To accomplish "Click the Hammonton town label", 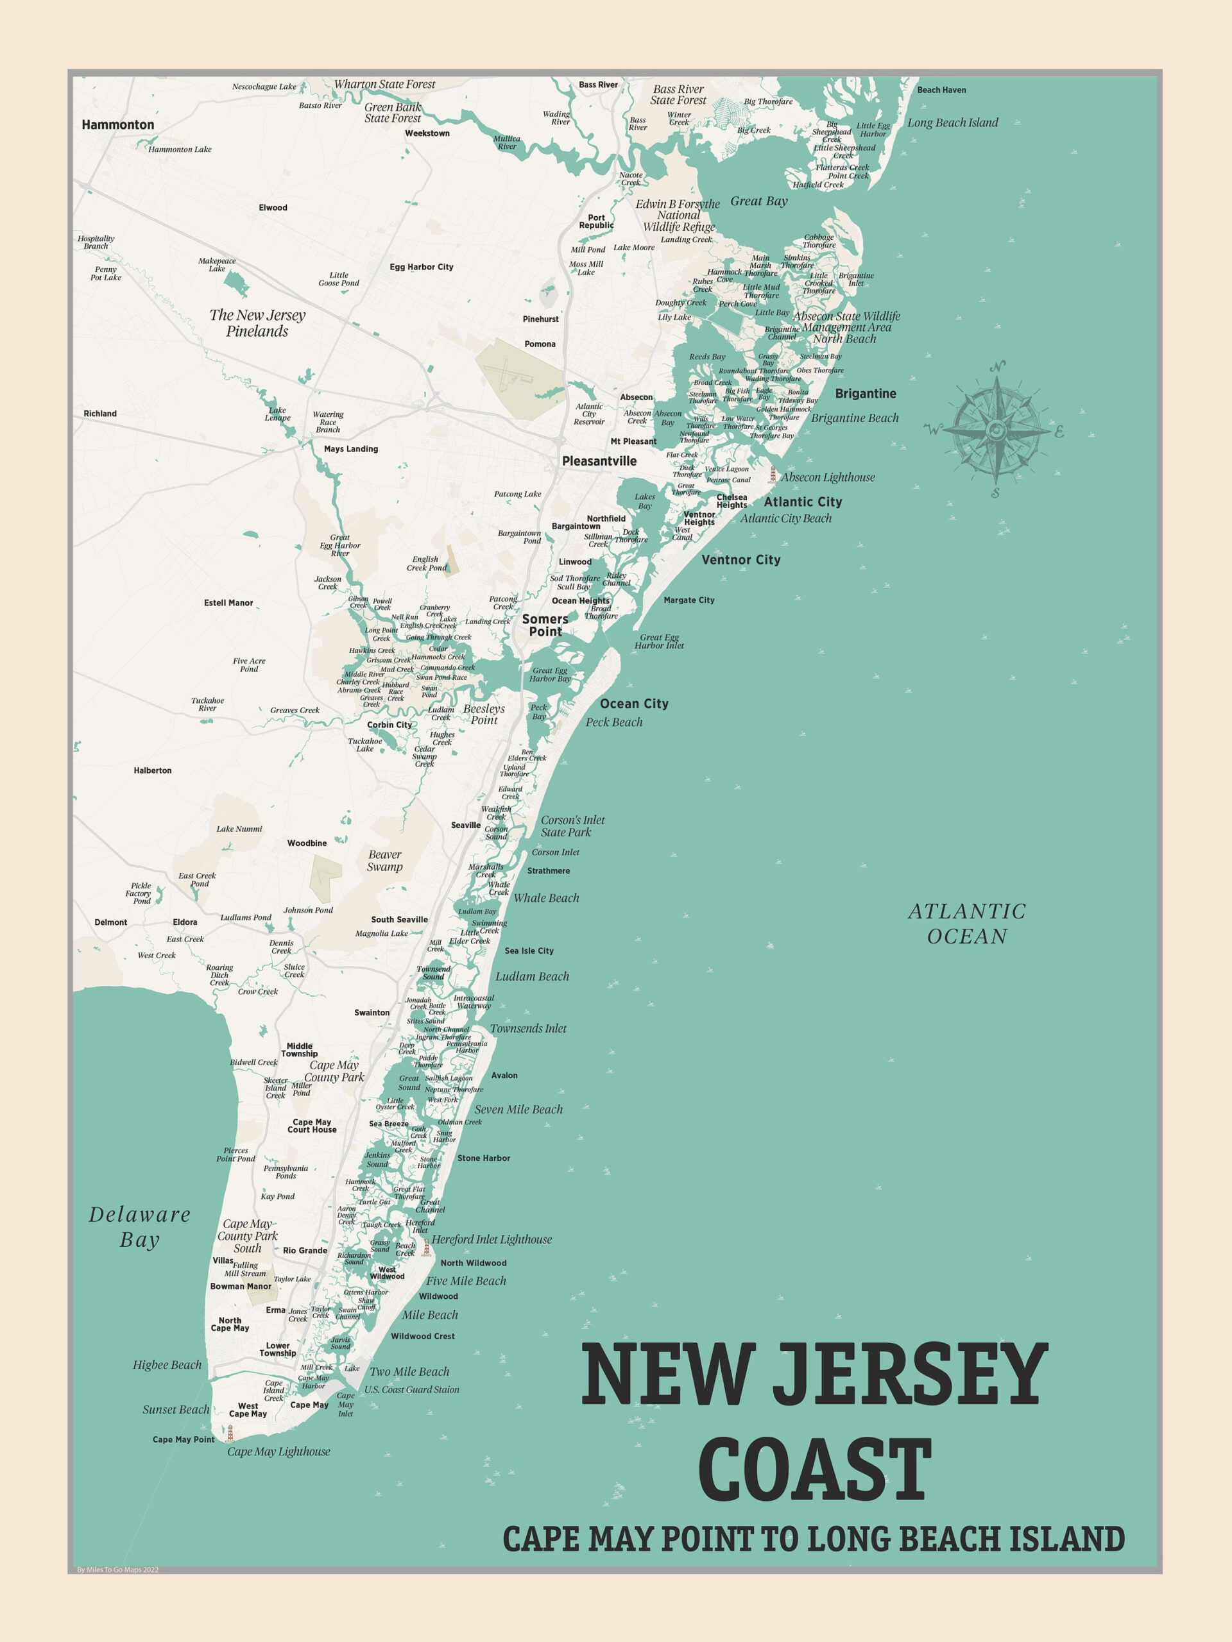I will pos(118,124).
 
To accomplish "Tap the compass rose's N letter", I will pos(997,367).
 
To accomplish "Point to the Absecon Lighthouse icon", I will pos(773,475).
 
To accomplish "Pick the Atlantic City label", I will pos(803,502).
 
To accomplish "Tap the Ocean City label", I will pos(634,704).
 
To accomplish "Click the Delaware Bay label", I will pos(140,1227).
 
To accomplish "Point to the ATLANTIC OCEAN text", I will pos(967,924).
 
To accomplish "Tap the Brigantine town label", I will pos(865,393).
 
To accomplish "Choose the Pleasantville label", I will pos(599,461).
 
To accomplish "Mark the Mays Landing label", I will pos(350,449).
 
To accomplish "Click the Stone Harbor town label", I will pos(483,1158).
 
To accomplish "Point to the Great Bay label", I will pos(759,201).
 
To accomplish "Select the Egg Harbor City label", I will pos(421,267).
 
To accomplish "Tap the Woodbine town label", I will pos(307,843).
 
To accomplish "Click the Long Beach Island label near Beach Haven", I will pos(953,123).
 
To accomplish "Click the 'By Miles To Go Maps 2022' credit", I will pos(117,1570).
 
